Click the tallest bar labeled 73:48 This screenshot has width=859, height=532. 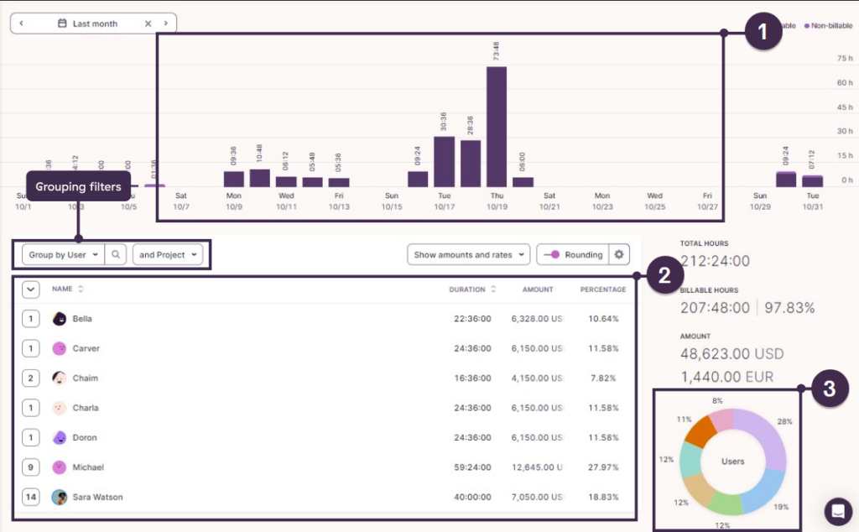[x=497, y=126]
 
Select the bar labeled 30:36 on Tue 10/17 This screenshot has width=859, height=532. [x=444, y=161]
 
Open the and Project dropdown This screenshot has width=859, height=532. [x=168, y=254]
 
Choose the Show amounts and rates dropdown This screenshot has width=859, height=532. [x=468, y=254]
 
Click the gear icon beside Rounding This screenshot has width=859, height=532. [x=619, y=254]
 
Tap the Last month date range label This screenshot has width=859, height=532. [x=94, y=23]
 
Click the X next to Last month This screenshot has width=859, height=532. [x=148, y=23]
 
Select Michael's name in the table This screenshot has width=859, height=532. [x=88, y=467]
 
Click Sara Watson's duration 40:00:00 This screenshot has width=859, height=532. [x=470, y=497]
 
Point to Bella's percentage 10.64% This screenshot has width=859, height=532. [x=603, y=319]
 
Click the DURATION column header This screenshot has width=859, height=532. [x=467, y=289]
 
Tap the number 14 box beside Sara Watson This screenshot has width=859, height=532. [x=31, y=497]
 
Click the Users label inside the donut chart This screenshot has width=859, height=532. [x=733, y=462]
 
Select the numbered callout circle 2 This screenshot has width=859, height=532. [x=663, y=276]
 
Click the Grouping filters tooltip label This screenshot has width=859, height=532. [x=78, y=187]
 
